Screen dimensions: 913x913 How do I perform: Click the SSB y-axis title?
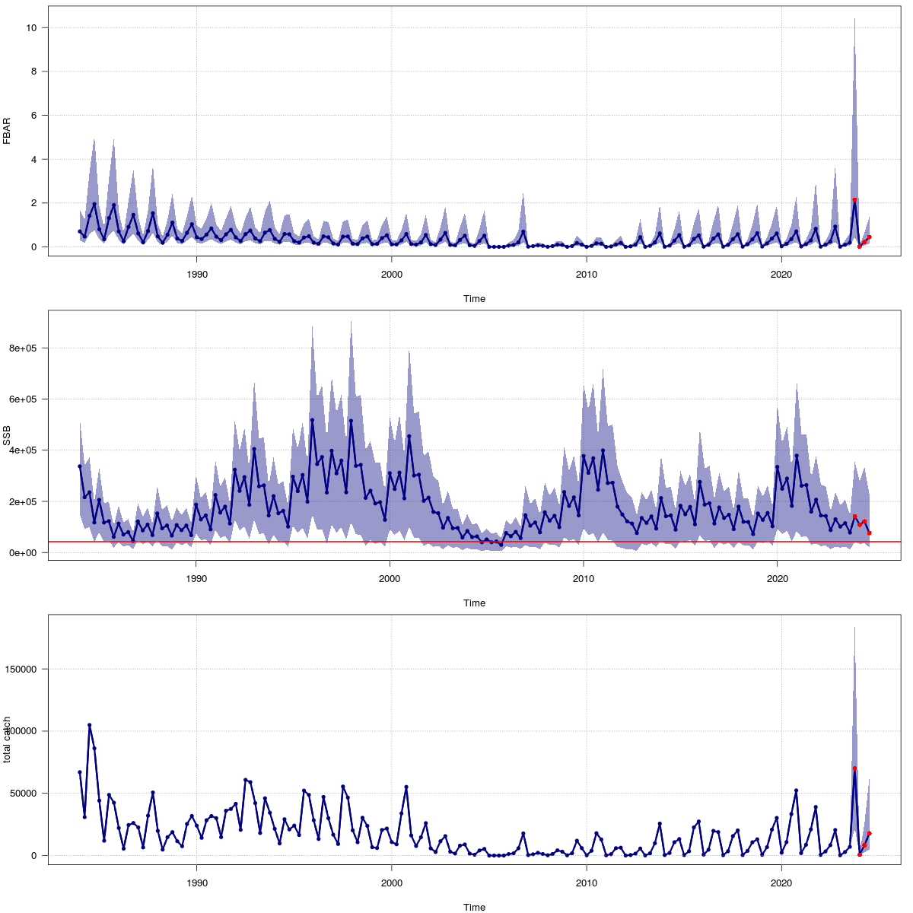pyautogui.click(x=7, y=435)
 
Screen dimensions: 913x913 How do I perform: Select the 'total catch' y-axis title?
pyautogui.click(x=7, y=740)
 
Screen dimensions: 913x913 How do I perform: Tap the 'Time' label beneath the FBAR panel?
pyautogui.click(x=474, y=299)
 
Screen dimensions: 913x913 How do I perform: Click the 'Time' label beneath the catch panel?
pyautogui.click(x=474, y=907)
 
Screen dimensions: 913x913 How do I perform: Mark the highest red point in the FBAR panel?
pyautogui.click(x=854, y=200)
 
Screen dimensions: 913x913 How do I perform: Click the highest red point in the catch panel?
pyautogui.click(x=854, y=768)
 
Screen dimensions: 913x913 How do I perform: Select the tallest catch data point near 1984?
pyautogui.click(x=89, y=725)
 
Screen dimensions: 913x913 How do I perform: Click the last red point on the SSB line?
pyautogui.click(x=869, y=533)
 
